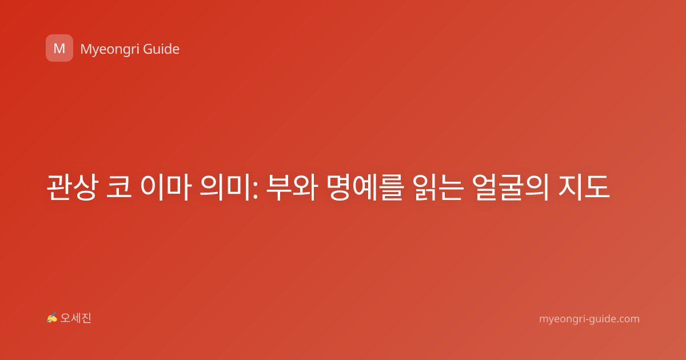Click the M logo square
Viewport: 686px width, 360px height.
click(59, 48)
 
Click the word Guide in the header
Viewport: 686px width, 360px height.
click(161, 49)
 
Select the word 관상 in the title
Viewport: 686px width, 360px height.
click(72, 187)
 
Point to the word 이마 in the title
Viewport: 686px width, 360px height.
click(166, 187)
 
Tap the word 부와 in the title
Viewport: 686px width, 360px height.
click(291, 187)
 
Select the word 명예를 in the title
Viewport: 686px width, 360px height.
click(364, 187)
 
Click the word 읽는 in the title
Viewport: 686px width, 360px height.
click(437, 187)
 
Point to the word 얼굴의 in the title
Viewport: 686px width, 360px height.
click(510, 187)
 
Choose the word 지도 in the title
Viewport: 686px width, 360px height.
click(584, 187)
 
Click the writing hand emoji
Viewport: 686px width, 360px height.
click(52, 318)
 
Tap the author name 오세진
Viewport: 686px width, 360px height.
click(75, 318)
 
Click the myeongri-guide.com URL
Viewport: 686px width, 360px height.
click(589, 319)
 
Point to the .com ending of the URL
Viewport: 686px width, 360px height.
click(628, 319)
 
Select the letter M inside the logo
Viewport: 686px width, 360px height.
click(59, 49)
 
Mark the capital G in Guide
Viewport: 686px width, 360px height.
click(147, 49)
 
